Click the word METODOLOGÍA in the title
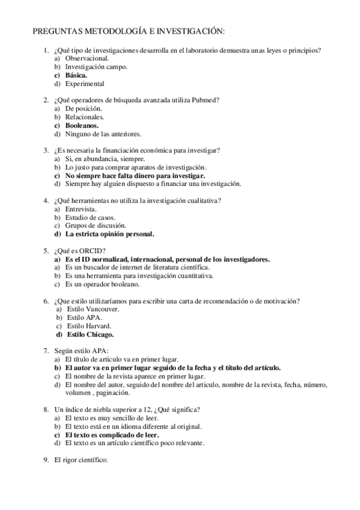click(107, 31)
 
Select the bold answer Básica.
click(76, 76)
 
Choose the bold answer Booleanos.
click(82, 125)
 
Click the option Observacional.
click(87, 59)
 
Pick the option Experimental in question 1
click(85, 84)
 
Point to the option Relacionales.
click(85, 117)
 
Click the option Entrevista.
click(81, 208)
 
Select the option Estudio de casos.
click(90, 217)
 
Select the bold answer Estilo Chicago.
click(91, 334)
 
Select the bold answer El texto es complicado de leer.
click(112, 434)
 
